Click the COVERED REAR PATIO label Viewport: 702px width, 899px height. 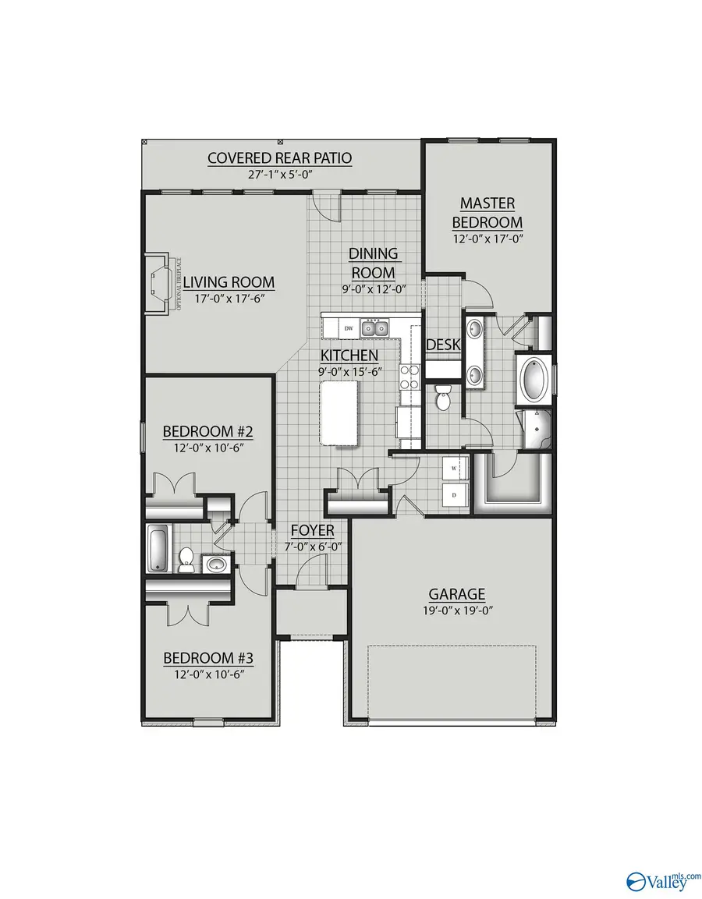279,158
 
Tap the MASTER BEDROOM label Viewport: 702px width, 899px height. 487,212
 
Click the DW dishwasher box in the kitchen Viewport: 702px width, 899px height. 349,328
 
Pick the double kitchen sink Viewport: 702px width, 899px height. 374,327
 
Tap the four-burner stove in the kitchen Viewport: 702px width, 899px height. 409,378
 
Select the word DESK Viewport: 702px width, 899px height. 442,345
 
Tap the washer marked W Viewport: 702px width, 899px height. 452,469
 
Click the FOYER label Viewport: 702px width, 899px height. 312,531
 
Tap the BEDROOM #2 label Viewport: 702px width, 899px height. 208,431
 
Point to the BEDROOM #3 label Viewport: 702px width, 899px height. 208,658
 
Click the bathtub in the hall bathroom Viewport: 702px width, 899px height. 157,548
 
